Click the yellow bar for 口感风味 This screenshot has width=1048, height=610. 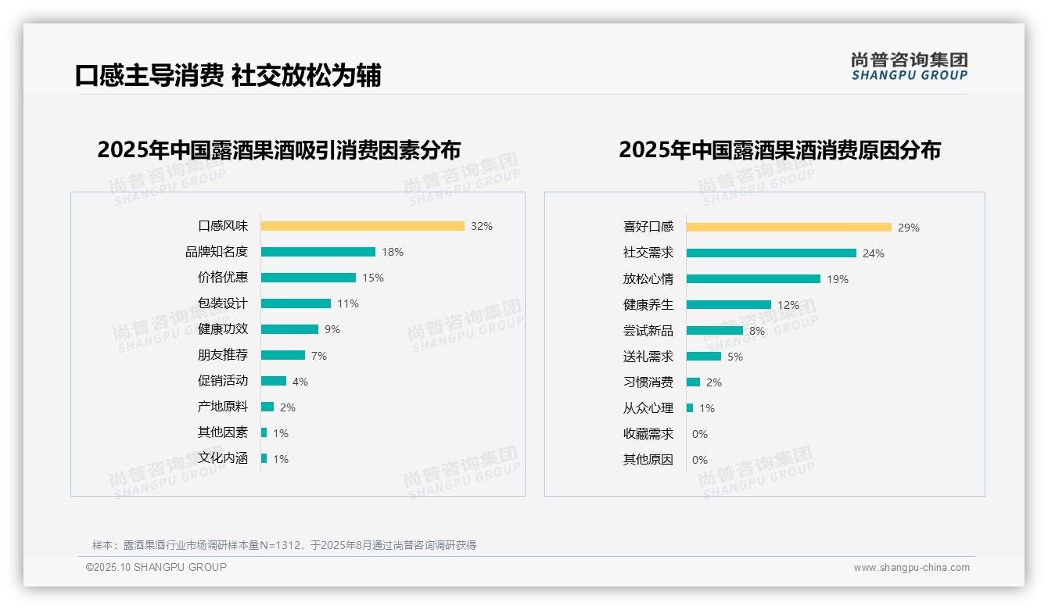point(362,226)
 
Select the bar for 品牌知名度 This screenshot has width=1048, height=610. point(318,252)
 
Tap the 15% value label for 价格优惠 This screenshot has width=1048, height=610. point(373,278)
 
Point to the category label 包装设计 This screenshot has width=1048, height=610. point(222,303)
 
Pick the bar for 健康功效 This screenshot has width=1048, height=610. point(289,329)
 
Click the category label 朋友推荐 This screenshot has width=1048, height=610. point(222,355)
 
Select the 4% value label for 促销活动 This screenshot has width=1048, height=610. point(300,382)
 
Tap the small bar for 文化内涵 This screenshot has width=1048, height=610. point(264,458)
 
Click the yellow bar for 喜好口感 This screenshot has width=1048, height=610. point(788,228)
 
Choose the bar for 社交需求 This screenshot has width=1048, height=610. point(771,253)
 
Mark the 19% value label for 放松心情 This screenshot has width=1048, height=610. point(838,279)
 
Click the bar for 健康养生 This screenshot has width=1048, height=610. point(728,305)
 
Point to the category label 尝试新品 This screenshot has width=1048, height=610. point(648,331)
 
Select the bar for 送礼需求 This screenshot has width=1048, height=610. point(703,357)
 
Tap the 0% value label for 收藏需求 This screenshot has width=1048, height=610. point(700,434)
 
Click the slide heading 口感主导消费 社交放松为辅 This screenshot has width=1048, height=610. point(228,76)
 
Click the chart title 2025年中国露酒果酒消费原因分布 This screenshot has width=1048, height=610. point(779,149)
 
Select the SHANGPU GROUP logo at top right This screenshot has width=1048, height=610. point(909,66)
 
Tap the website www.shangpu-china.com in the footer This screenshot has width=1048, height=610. point(911,568)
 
